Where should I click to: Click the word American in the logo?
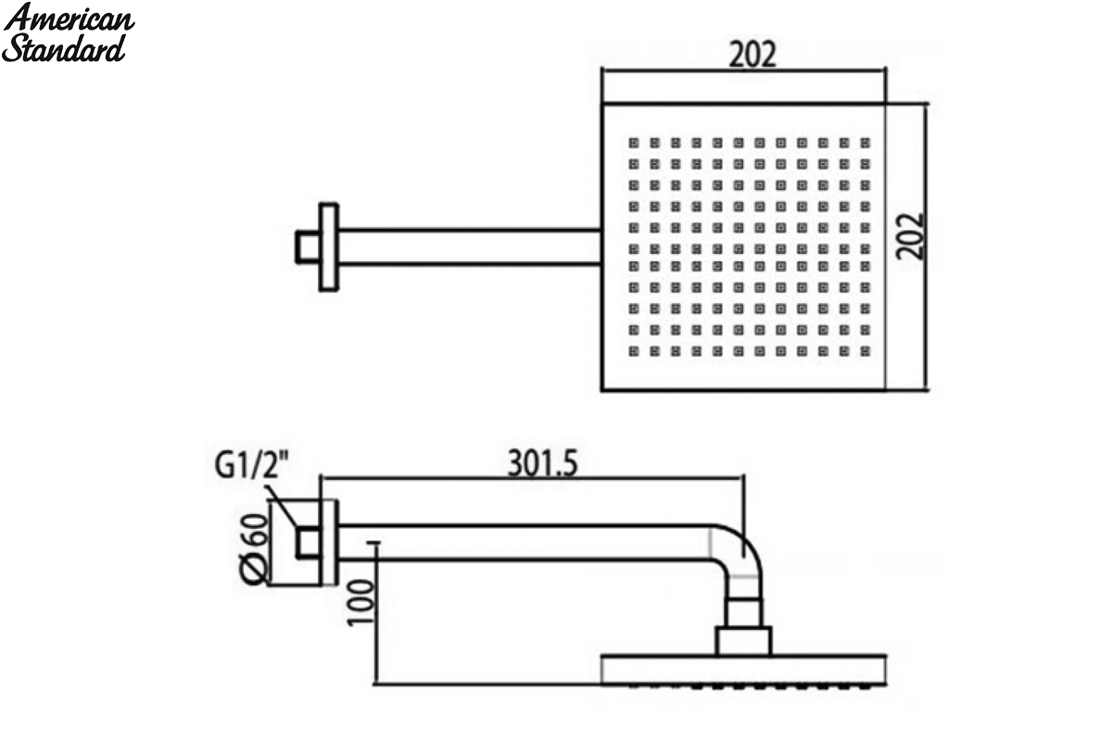69,19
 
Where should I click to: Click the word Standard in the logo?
64,48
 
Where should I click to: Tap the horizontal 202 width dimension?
752,55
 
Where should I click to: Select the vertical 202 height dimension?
910,236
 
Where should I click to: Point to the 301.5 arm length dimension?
543,464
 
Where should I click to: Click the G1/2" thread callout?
251,465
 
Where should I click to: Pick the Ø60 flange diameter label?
254,549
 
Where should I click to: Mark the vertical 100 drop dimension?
360,603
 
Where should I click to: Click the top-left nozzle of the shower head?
634,143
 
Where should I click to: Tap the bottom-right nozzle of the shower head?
866,351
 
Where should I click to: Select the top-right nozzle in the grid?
866,143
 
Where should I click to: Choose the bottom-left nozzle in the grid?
634,351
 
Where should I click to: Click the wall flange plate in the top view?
329,246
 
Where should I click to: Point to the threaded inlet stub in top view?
308,246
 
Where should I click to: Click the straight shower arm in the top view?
470,246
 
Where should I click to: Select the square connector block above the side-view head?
743,641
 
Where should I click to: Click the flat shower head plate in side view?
743,670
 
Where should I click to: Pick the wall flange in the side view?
329,543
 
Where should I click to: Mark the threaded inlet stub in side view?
308,543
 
